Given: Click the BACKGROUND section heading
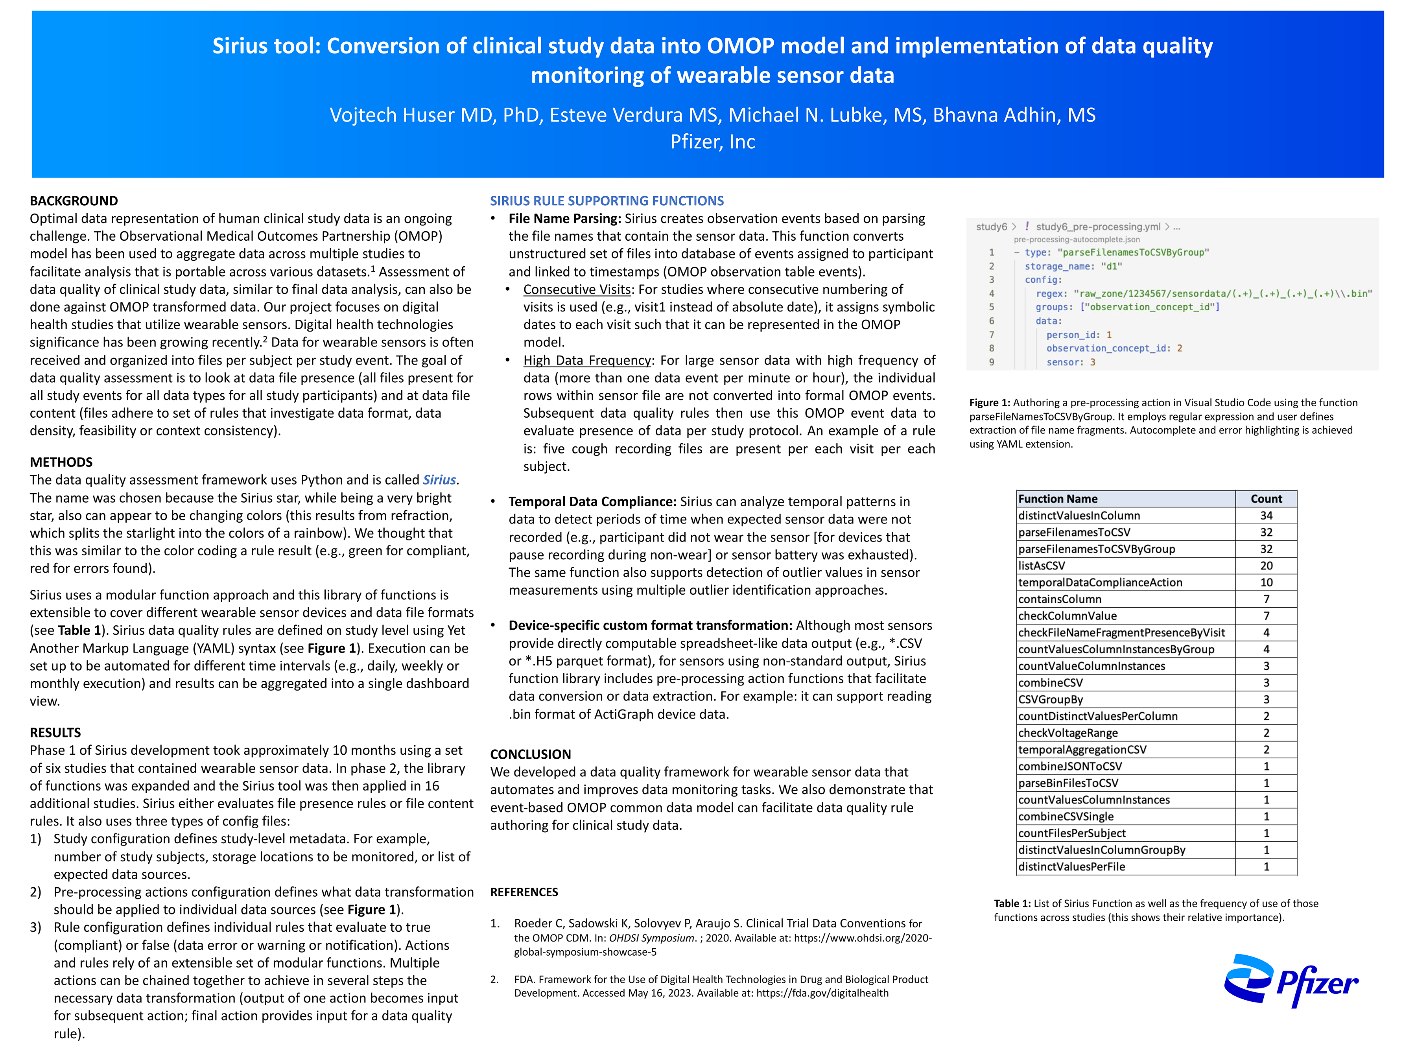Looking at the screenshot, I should [x=74, y=201].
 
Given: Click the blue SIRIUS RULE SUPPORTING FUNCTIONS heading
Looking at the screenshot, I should [x=607, y=201].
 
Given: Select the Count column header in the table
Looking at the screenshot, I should [x=1266, y=499].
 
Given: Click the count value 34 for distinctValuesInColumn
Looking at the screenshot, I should [x=1266, y=515].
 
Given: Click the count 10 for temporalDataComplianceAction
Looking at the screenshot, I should [x=1266, y=582].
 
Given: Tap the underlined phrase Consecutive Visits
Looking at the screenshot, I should [x=577, y=289].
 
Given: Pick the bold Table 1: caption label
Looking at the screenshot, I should [x=1012, y=903].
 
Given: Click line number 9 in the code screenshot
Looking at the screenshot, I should [x=992, y=362].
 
